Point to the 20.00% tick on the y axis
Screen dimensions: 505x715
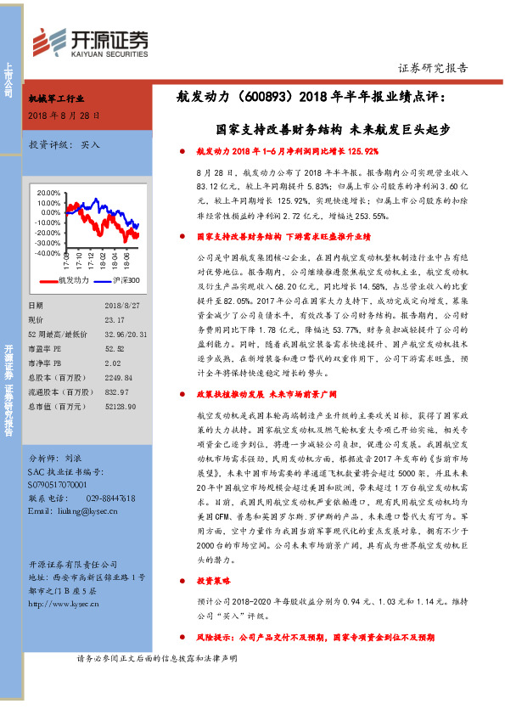[x=49, y=193]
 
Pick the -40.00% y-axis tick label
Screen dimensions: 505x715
[x=48, y=253]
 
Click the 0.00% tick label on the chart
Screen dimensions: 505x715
[x=51, y=213]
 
